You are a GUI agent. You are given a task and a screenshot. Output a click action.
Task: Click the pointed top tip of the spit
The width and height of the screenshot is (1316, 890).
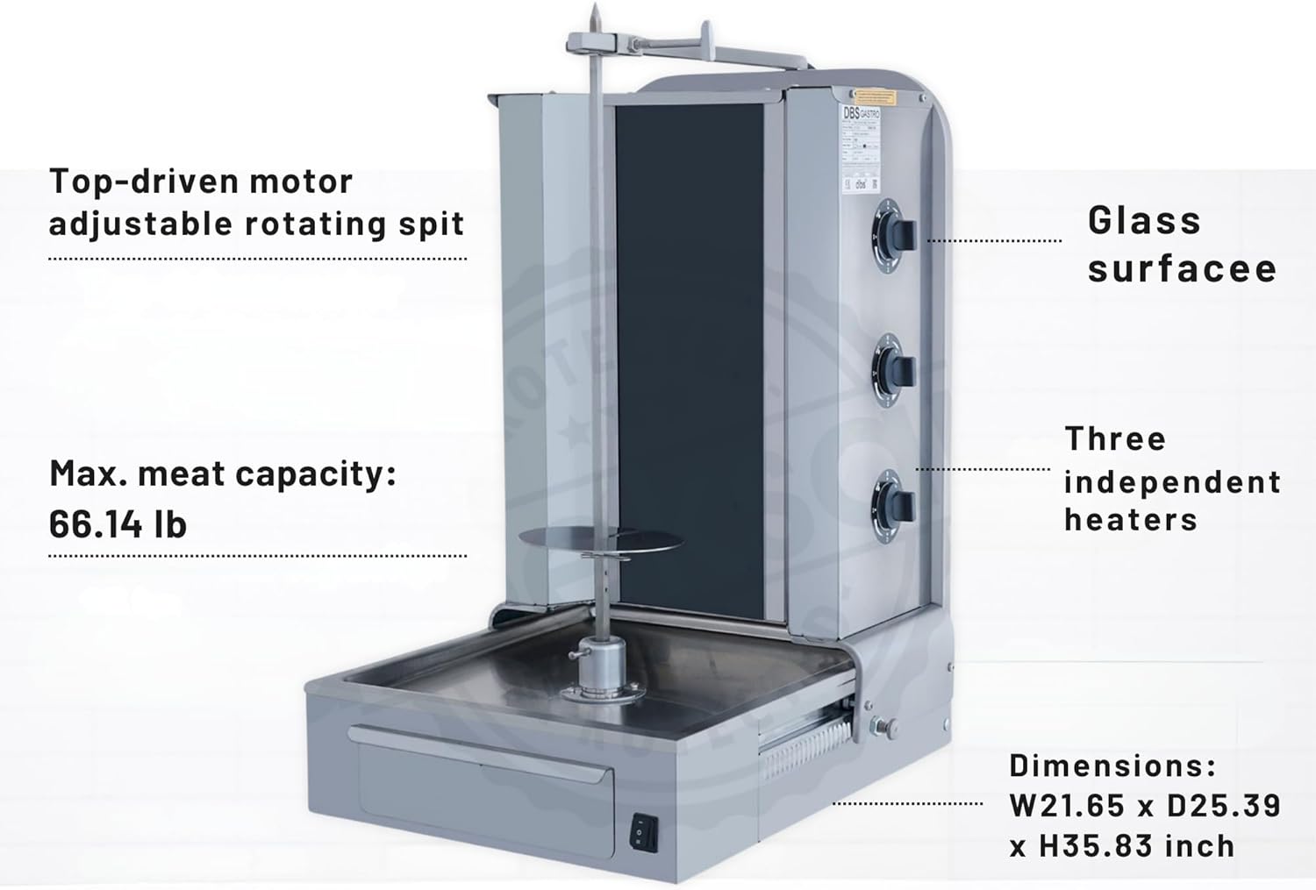tap(594, 15)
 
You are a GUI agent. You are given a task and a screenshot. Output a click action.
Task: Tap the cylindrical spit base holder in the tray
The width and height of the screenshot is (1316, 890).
tap(600, 667)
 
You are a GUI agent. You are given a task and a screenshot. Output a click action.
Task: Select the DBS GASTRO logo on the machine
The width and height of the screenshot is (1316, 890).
tap(861, 114)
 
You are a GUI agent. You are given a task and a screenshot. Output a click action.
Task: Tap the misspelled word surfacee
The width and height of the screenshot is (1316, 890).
tap(1182, 268)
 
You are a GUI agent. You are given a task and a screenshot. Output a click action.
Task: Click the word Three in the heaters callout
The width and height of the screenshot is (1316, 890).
tap(1115, 438)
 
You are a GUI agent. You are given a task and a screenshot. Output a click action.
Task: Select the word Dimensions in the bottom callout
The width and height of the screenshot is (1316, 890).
tap(1112, 765)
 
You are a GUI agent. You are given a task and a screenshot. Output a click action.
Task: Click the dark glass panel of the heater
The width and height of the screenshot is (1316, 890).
tap(689, 351)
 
